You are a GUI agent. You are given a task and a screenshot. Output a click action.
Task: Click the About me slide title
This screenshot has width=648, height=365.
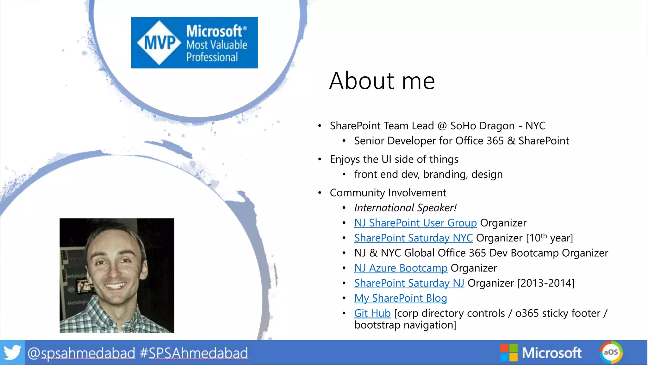click(382, 81)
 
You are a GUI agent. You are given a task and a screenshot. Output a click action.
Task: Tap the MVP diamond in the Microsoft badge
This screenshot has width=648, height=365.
click(159, 43)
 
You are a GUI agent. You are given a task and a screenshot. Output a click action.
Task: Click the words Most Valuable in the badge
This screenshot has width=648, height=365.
click(217, 45)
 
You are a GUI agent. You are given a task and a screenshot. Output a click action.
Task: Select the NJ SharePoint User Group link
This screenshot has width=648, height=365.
click(415, 223)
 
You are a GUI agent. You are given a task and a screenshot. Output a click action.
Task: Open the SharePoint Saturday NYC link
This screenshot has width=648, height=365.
click(413, 238)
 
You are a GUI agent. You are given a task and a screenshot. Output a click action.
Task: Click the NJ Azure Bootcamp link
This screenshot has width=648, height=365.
click(401, 268)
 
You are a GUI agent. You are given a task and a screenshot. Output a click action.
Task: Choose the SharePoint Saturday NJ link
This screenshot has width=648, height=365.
click(409, 283)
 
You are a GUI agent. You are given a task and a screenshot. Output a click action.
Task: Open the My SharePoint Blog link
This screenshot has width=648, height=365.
click(400, 298)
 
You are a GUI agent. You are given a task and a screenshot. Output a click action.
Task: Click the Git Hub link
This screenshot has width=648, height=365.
click(372, 313)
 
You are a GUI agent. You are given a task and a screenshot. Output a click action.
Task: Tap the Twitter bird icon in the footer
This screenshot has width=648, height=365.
click(12, 352)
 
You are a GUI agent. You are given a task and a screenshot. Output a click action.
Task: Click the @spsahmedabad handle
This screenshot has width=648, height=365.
click(81, 353)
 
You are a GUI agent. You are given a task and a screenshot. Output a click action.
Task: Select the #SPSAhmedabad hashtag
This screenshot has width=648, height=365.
click(194, 353)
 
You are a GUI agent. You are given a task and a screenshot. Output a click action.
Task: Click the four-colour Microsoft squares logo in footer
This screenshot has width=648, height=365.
click(508, 353)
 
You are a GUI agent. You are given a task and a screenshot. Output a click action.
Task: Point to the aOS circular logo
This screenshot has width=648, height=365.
click(611, 352)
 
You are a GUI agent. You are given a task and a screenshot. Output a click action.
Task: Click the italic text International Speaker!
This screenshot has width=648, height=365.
click(405, 208)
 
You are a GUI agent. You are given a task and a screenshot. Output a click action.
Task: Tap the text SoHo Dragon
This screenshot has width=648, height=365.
click(482, 126)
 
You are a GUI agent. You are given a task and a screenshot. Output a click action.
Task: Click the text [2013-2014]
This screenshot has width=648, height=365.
click(545, 283)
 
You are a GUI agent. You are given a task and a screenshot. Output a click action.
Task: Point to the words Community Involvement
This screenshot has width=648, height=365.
click(388, 193)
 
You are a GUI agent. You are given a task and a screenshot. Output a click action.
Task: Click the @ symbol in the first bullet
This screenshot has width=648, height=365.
click(442, 126)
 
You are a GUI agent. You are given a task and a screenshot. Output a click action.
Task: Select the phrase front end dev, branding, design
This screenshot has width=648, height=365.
click(428, 174)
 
